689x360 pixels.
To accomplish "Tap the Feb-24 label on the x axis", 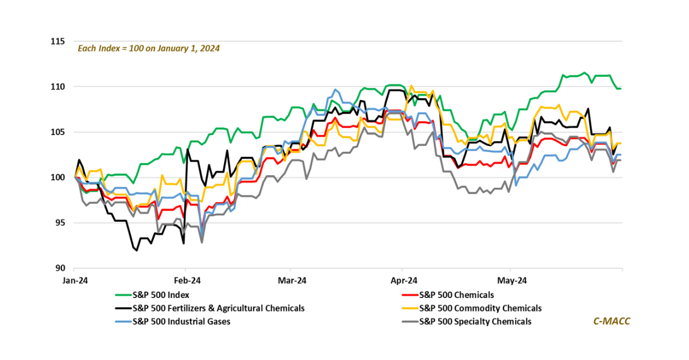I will click(x=185, y=281).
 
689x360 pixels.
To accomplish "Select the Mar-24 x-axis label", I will click(x=291, y=281).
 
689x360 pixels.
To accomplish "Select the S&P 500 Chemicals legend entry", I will click(x=456, y=295).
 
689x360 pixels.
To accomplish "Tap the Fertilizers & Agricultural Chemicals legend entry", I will click(x=218, y=308).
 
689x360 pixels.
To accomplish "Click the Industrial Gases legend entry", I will click(x=181, y=322).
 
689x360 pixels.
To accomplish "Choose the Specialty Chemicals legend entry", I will click(x=475, y=322).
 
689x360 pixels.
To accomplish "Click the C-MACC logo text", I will click(x=611, y=321).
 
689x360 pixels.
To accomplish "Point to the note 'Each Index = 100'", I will click(x=149, y=48).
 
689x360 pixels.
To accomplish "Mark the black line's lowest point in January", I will click(x=137, y=250).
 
